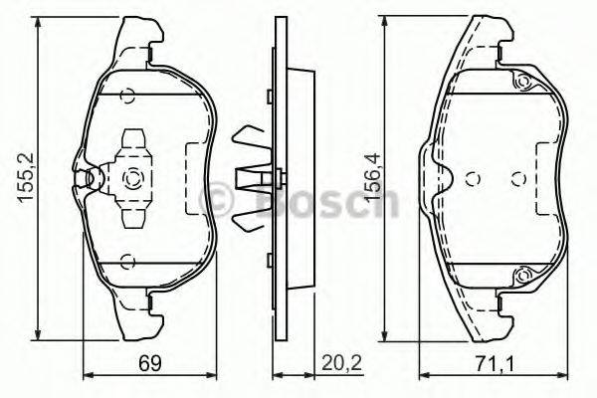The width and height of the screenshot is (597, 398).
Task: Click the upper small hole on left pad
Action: tap(126, 97)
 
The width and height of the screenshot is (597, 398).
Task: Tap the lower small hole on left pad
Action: tap(126, 262)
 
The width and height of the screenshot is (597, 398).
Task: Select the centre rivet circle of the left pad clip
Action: tap(131, 180)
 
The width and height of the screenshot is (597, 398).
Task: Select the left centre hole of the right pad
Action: tap(474, 179)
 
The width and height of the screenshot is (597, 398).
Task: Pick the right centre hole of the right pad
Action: tap(517, 179)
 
